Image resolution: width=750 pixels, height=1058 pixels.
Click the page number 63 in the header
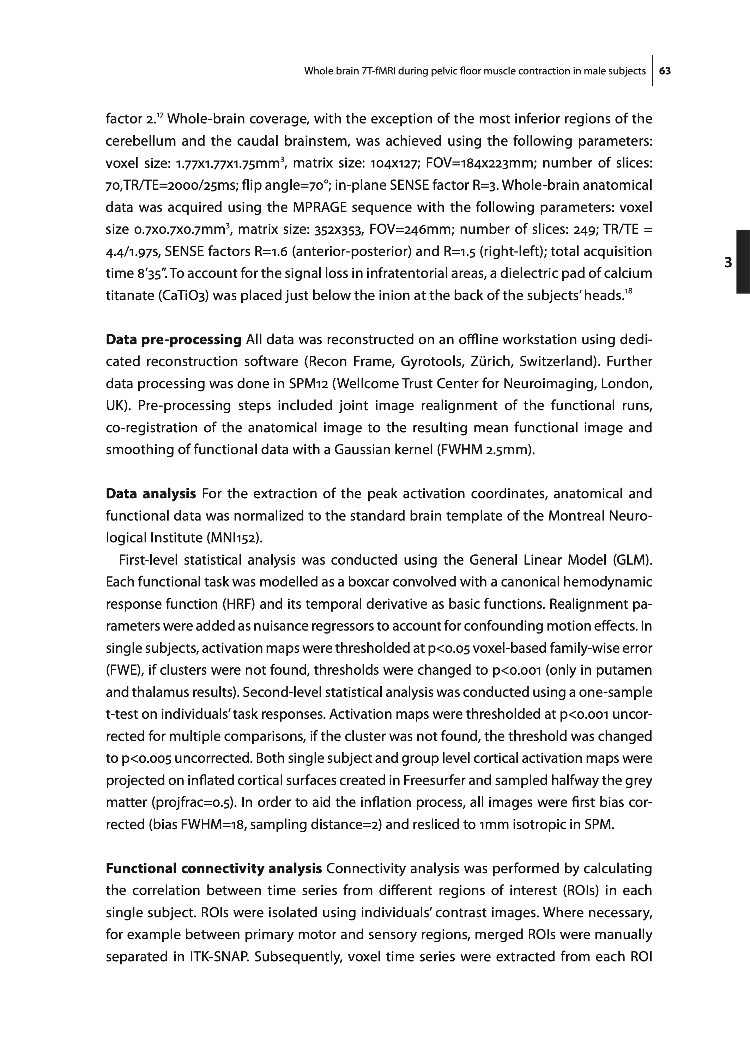665,71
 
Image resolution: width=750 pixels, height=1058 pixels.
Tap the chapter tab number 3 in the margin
728,263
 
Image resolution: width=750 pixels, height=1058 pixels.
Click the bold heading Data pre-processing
174,340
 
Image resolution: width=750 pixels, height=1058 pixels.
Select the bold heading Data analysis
151,494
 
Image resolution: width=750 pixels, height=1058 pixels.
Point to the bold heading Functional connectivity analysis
214,869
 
